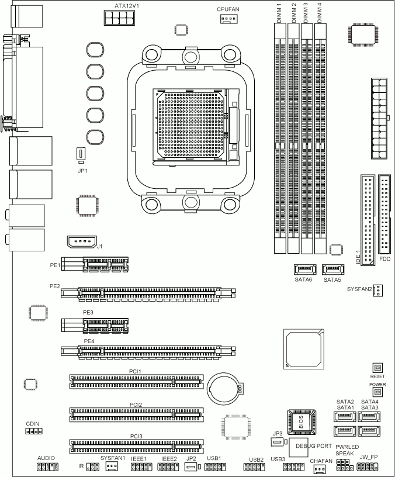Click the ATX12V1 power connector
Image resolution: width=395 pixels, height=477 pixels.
point(119,18)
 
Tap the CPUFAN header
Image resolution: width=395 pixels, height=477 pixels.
point(228,19)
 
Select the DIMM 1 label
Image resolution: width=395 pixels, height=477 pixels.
point(279,12)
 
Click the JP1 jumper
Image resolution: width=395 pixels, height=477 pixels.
point(81,154)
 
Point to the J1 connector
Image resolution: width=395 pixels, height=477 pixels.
point(82,242)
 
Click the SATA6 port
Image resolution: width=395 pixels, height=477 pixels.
point(304,269)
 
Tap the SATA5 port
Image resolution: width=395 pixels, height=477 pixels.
point(333,269)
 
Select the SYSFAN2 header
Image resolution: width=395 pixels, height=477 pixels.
point(378,290)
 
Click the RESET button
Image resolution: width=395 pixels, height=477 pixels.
point(377,368)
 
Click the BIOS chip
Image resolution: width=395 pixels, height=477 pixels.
point(302,422)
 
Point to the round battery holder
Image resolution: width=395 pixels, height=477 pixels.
point(223,389)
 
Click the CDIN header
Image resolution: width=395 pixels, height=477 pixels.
point(34,431)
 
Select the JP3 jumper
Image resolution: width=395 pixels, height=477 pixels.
point(277,442)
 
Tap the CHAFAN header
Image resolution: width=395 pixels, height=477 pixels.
point(319,469)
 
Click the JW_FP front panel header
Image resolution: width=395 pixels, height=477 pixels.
point(367,466)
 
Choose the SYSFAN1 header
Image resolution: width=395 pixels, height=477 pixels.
point(112,466)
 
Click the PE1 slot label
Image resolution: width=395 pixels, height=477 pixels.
point(55,265)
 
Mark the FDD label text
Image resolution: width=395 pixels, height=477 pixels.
point(385,259)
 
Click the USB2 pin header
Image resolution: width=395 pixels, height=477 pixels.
point(254,467)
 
